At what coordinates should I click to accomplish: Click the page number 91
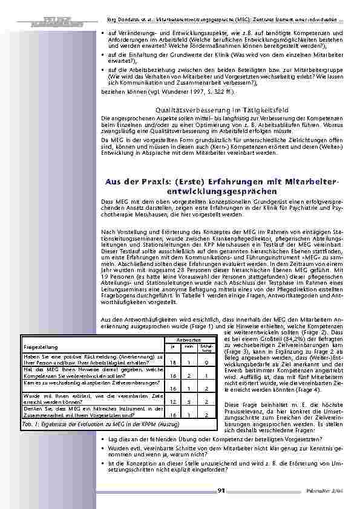221,490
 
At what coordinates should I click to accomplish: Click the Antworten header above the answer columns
185,340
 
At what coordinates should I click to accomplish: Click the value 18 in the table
173,362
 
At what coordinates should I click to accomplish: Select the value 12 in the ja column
173,401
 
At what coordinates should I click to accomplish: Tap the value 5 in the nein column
189,401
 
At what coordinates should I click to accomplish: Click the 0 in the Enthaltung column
206,362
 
